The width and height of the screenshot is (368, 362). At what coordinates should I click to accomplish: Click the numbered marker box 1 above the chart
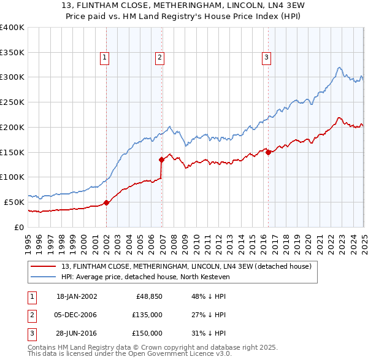coord(105,58)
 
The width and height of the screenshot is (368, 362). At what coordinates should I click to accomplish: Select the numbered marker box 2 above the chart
coord(159,58)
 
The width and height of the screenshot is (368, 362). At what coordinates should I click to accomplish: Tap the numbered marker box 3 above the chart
coord(267,58)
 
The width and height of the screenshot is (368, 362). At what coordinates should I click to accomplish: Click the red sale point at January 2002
coord(106,202)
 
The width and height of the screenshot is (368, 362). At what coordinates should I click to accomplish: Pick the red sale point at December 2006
coord(162,160)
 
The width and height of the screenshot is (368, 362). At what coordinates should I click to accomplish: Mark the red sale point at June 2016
coord(269,152)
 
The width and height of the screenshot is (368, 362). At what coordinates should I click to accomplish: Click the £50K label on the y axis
coord(14,202)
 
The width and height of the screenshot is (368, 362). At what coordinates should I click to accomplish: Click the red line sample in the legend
coord(43,266)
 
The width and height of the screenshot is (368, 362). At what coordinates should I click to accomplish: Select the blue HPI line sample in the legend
coord(43,277)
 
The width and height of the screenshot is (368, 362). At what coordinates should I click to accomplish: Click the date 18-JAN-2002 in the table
coord(77,296)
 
